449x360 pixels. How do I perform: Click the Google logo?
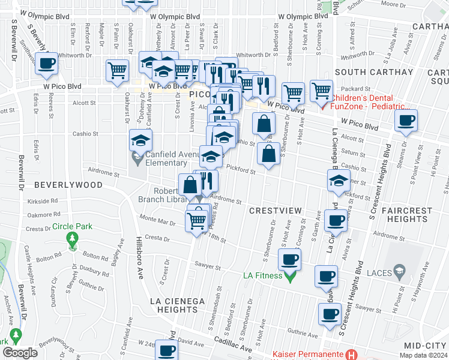point(19,353)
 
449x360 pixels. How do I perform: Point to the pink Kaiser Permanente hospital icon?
point(352,355)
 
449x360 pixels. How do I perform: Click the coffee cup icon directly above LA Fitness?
point(289,259)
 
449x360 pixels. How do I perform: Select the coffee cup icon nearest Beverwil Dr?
point(47,63)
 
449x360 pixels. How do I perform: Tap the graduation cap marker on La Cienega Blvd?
point(339,179)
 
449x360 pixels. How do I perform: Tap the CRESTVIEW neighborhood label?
point(273,211)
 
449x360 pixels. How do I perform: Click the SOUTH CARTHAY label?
point(374,72)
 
